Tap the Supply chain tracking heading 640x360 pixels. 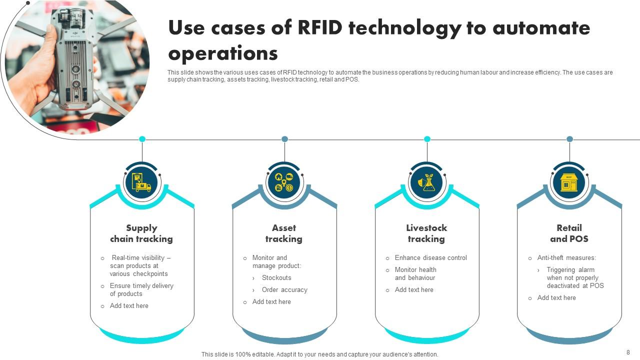(141, 233)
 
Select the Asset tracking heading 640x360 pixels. (284, 233)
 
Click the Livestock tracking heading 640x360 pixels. (426, 233)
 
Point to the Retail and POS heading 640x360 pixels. (569, 233)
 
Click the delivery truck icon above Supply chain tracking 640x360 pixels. (141, 182)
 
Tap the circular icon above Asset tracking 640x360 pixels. (284, 182)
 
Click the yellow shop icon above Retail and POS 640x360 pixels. (569, 182)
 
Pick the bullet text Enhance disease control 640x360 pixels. (430, 258)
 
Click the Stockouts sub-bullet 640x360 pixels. (276, 278)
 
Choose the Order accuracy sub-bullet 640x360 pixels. (284, 290)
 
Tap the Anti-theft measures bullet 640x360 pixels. (566, 258)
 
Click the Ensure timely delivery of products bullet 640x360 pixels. (141, 290)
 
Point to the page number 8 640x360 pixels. (628, 352)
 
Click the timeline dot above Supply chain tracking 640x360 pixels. (142, 139)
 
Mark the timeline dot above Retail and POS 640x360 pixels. (569, 139)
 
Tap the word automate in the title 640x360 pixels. (541, 28)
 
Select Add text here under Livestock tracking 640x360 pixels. (414, 290)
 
